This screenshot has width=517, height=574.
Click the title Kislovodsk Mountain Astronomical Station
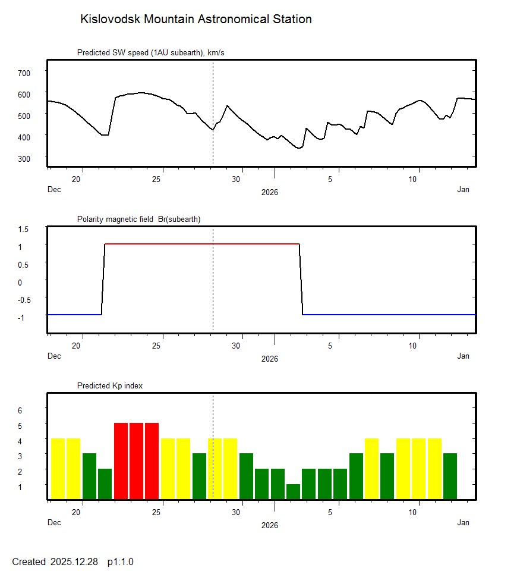pyautogui.click(x=196, y=19)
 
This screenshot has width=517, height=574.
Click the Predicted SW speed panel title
pyautogui.click(x=150, y=53)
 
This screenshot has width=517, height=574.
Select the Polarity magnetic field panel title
pyautogui.click(x=138, y=219)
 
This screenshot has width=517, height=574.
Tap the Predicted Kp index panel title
pyautogui.click(x=110, y=386)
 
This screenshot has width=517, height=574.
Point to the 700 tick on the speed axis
pyautogui.click(x=24, y=73)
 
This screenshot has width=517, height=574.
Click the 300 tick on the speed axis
pyautogui.click(x=24, y=158)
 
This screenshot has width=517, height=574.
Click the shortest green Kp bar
pyautogui.click(x=294, y=491)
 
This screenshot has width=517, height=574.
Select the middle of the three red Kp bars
pyautogui.click(x=137, y=460)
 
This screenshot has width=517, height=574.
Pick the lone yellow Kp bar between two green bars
pyautogui.click(x=371, y=468)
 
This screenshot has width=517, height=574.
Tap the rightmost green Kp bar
pyautogui.click(x=450, y=476)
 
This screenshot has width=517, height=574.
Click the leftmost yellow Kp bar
pyautogui.click(x=58, y=468)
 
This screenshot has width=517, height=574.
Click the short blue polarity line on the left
pyautogui.click(x=74, y=314)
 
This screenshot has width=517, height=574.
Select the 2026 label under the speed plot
pyautogui.click(x=269, y=193)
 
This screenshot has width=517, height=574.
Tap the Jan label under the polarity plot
pyautogui.click(x=463, y=356)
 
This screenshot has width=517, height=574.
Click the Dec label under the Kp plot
pyautogui.click(x=54, y=523)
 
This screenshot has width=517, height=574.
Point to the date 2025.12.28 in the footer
pyautogui.click(x=74, y=562)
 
